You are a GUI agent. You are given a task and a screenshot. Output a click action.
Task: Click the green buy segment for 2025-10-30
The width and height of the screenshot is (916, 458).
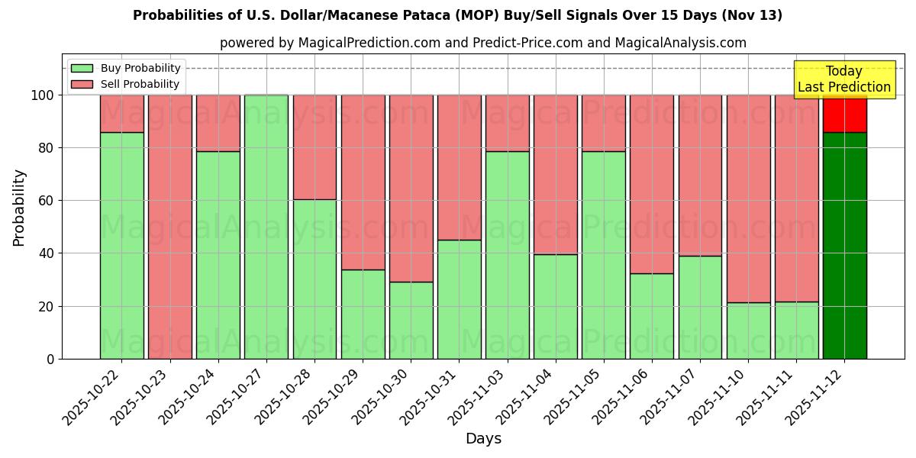coord(411,321)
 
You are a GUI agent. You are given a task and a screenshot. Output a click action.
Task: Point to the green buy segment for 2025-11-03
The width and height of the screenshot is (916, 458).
coord(507,256)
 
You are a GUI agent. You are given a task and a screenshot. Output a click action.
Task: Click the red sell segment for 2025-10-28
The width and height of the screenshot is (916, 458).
coord(314,147)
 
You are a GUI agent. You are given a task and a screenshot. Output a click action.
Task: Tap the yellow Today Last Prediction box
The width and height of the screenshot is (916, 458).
coord(843,79)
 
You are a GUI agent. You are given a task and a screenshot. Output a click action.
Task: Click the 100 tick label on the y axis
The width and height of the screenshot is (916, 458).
coord(42,95)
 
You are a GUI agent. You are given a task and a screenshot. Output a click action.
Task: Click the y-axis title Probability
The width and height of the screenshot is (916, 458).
coord(19,208)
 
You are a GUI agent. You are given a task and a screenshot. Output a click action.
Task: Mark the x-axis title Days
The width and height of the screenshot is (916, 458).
coord(483,439)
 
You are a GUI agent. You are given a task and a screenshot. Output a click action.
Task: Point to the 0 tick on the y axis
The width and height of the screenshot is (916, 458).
coord(50,359)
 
